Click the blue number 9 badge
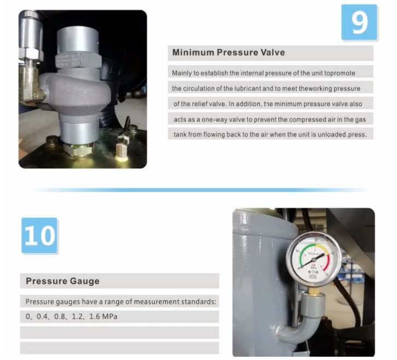pyautogui.click(x=359, y=22)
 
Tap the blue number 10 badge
pyautogui.click(x=39, y=235)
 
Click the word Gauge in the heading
pyautogui.click(x=85, y=281)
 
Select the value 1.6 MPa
pyautogui.click(x=103, y=316)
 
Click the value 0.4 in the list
pyautogui.click(x=42, y=316)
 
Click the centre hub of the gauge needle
pyautogui.click(x=314, y=260)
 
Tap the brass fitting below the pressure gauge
pyautogui.click(x=314, y=291)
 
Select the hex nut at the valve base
pyautogui.click(x=79, y=150)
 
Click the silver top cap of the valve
pyautogui.click(x=78, y=40)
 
